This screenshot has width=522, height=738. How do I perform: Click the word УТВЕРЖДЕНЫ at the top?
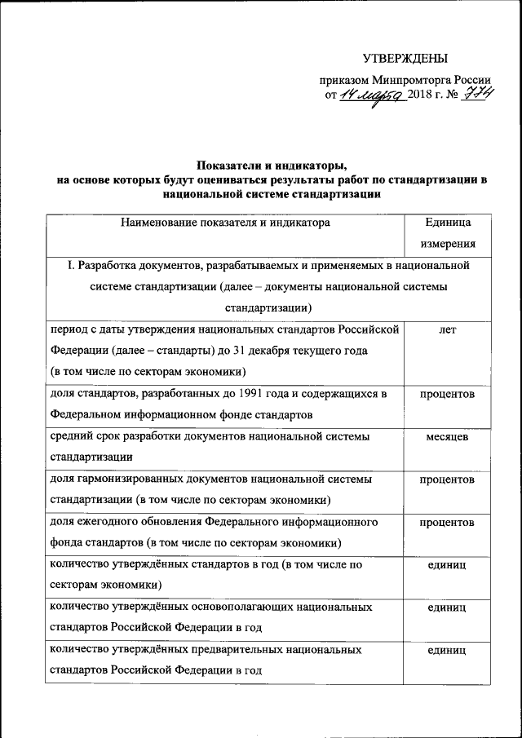(x=405, y=59)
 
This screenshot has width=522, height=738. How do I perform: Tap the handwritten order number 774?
(x=477, y=96)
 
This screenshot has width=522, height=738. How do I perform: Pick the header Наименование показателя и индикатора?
(x=224, y=221)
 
